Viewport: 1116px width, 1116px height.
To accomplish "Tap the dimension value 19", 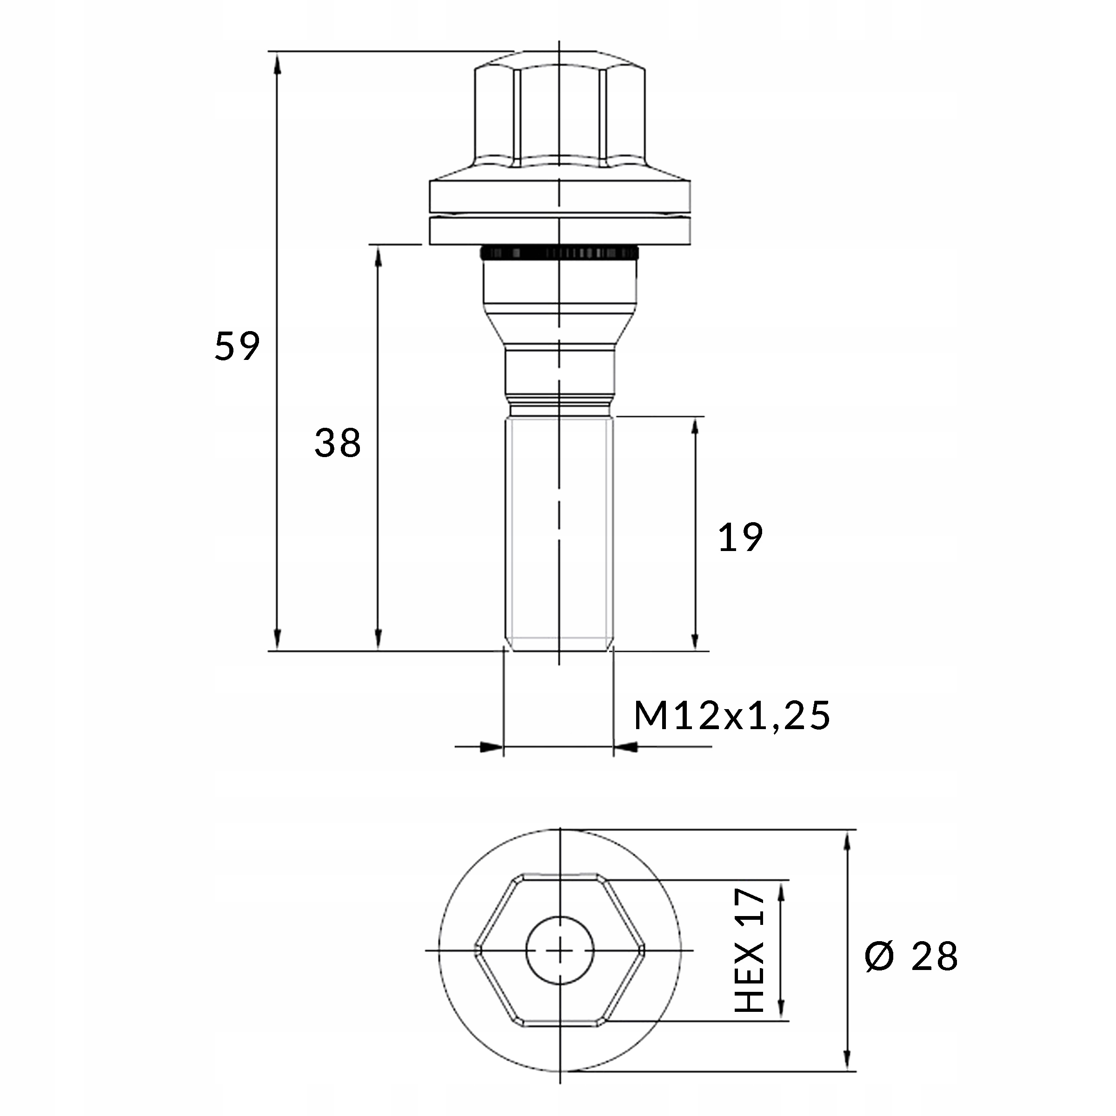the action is tap(740, 538).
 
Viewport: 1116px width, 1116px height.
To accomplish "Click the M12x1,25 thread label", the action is tap(731, 716).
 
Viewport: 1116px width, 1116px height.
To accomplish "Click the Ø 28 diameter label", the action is tap(911, 957).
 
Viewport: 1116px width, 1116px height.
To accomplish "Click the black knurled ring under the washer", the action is tap(559, 253).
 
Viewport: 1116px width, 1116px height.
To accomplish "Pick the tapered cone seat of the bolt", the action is tap(559, 329).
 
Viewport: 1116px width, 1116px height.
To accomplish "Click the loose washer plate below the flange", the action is tap(559, 231).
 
